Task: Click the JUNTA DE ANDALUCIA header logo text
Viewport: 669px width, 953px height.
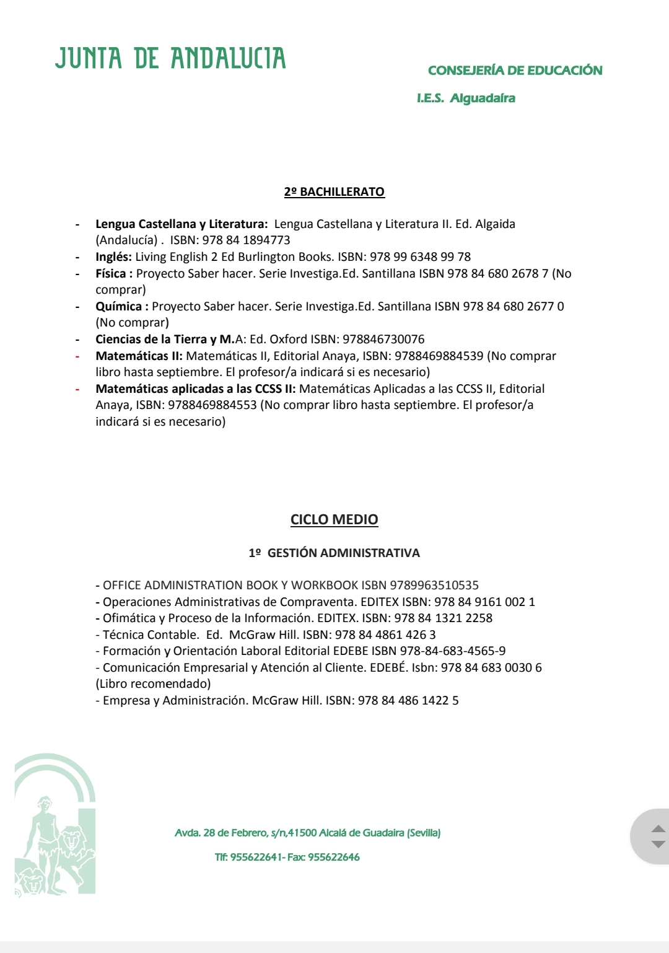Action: tap(170, 58)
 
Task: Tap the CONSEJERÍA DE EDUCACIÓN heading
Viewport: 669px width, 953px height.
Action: tap(515, 71)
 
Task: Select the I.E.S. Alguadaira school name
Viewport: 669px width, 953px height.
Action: tap(466, 99)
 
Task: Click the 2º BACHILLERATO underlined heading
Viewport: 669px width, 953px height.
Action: tap(334, 192)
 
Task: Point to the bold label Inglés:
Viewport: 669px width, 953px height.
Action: tap(113, 257)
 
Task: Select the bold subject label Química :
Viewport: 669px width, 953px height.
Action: tap(121, 307)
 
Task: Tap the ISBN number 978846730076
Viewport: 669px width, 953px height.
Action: tap(383, 340)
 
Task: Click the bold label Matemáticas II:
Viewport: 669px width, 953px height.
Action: tap(139, 356)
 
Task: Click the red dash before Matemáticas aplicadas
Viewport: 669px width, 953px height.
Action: tap(78, 390)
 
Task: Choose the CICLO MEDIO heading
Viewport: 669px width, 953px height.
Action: tap(334, 520)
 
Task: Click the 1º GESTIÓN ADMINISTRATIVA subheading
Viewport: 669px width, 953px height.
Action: tap(334, 553)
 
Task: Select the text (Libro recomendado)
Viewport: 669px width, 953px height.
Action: tap(153, 684)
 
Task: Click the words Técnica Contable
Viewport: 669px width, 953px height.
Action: tap(150, 635)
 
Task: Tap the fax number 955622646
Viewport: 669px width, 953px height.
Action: tap(334, 858)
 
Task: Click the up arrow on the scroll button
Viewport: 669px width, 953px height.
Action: tap(658, 828)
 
